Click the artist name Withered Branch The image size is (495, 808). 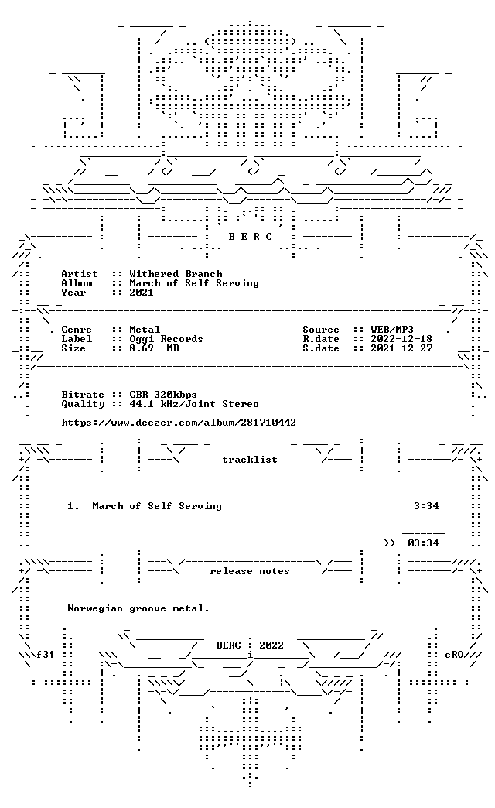(176, 274)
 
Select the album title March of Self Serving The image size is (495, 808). (194, 283)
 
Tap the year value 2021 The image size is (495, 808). (142, 293)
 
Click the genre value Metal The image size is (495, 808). (145, 329)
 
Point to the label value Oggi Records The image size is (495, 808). (166, 338)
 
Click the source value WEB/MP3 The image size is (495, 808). (392, 329)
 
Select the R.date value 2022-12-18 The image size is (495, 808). (401, 338)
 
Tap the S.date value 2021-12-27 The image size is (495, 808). (401, 348)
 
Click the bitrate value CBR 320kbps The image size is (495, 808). (163, 395)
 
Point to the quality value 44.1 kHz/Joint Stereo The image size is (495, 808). (194, 404)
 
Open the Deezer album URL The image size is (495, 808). (179, 423)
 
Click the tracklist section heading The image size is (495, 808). (250, 460)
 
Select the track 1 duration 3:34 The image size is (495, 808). (426, 506)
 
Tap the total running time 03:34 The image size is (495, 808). (423, 543)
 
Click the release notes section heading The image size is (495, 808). (250, 571)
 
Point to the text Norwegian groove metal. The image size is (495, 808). (138, 608)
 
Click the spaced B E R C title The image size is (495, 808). (251, 237)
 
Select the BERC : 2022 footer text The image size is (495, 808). (250, 645)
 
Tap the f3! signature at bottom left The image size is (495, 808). (46, 655)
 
